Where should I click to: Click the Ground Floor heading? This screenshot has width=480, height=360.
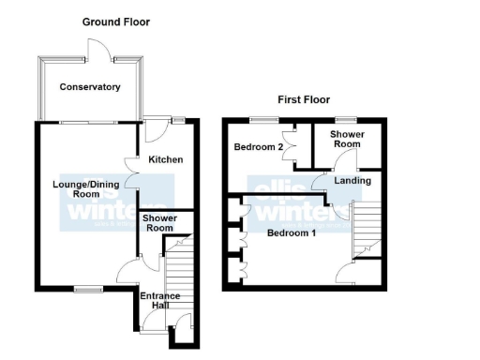pos(115,22)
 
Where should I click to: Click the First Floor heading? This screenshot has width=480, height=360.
pos(303,99)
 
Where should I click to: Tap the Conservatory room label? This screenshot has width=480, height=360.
pos(90,87)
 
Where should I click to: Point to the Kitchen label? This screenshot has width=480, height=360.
pos(165,160)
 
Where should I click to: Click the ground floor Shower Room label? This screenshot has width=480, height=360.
pos(158,223)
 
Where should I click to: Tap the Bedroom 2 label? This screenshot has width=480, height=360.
pos(259,148)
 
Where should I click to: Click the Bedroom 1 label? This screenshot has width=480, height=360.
pos(292,232)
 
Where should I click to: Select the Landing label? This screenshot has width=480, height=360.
pos(352,181)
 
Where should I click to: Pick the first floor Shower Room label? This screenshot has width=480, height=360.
pos(347,139)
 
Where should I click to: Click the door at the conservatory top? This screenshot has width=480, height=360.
pos(97,52)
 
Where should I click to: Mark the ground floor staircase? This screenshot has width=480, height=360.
pos(177,277)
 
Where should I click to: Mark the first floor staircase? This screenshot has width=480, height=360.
pos(365,230)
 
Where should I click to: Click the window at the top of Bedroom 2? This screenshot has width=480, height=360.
pos(263,120)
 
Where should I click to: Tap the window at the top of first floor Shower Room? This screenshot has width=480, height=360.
pos(347,120)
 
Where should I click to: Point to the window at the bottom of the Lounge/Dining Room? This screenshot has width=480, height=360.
pos(88,287)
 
